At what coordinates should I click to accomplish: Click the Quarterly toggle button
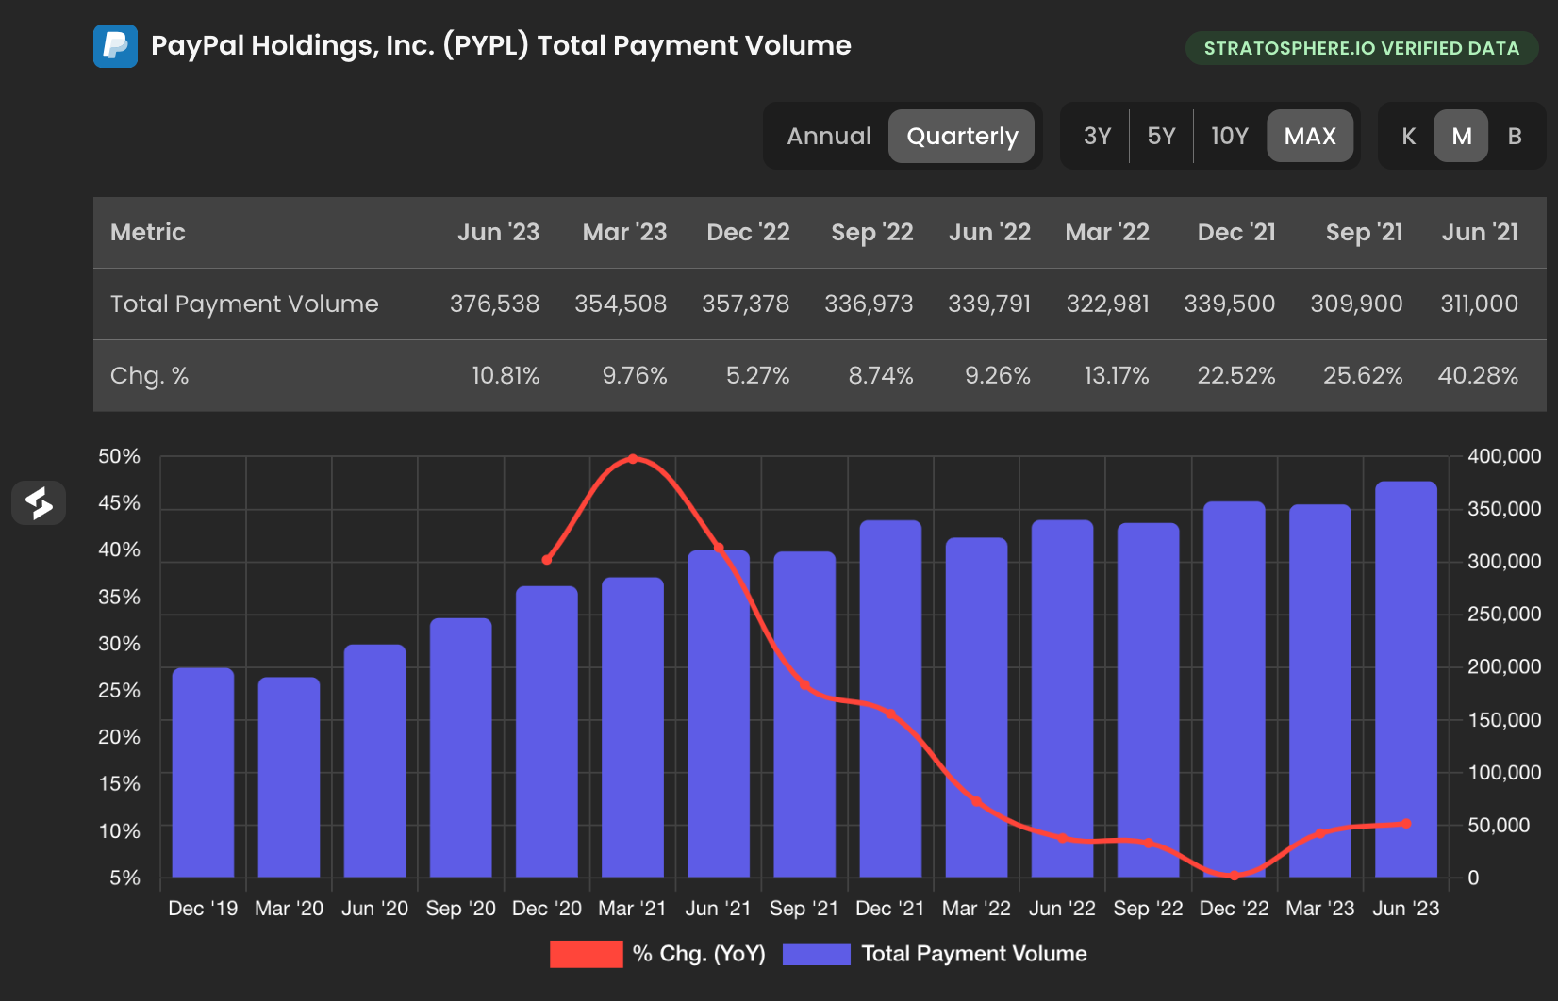961,137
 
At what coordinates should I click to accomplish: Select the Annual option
828,137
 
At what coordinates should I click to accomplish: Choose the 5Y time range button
1161,137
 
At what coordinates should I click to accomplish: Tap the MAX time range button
1309,137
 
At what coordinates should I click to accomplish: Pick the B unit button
1515,137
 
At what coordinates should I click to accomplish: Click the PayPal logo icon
115,46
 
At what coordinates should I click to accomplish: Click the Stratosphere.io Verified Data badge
1361,48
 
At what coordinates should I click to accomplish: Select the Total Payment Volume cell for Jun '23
494,304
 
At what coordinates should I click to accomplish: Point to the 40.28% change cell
1477,376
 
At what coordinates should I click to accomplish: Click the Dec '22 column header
748,232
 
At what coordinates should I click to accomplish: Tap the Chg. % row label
149,376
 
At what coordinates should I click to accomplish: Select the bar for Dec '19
203,773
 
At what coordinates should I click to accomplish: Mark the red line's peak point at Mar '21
633,459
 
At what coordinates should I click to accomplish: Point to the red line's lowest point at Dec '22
1234,875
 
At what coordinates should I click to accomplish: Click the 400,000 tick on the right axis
1503,456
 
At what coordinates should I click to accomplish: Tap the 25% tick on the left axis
119,691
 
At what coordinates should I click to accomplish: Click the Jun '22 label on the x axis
1062,909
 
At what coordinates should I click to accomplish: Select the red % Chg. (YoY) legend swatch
586,954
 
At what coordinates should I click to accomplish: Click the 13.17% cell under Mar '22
1116,376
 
